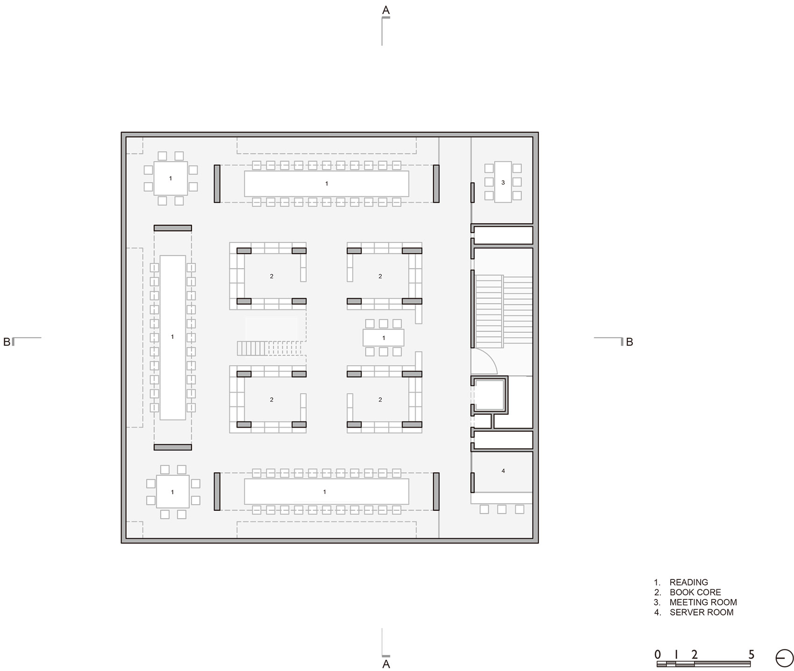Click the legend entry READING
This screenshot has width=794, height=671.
point(688,582)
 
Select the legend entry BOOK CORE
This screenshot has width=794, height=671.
point(695,592)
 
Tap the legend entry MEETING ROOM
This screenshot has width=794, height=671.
point(703,602)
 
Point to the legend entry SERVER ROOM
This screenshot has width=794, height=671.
point(701,612)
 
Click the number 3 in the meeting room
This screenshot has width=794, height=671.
point(503,183)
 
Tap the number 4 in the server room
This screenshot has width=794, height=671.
point(503,471)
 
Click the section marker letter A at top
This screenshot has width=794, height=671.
point(386,10)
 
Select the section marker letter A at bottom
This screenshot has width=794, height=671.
point(386,664)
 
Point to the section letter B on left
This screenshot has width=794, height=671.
point(7,342)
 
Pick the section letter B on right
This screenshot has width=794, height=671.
point(630,342)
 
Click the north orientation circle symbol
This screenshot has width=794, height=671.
point(784,658)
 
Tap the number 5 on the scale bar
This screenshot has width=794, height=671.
point(751,655)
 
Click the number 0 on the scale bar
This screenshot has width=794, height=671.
point(658,655)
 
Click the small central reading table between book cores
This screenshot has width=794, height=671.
point(383,338)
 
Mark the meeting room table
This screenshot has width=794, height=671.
point(503,182)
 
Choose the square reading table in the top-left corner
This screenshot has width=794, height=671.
point(170,178)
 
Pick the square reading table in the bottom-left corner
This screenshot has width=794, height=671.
point(172,492)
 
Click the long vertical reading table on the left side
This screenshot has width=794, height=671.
point(172,337)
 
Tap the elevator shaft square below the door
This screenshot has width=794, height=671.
point(489,395)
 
